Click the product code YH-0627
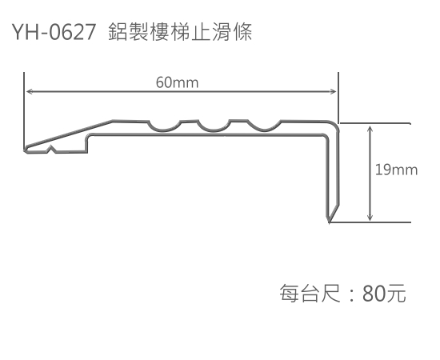(54, 32)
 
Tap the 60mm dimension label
(177, 82)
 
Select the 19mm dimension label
(396, 170)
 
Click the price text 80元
(384, 294)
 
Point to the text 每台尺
(310, 294)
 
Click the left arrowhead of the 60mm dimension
(29, 91)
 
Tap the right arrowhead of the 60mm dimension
(333, 91)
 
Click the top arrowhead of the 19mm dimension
(370, 129)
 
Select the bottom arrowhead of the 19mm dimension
(370, 217)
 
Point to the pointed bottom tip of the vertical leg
(329, 222)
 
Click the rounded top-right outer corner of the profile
(334, 125)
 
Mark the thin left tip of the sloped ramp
(26, 150)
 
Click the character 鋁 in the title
(118, 32)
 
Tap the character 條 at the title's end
(242, 32)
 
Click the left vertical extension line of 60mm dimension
(24, 111)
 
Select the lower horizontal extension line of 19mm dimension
(370, 222)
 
